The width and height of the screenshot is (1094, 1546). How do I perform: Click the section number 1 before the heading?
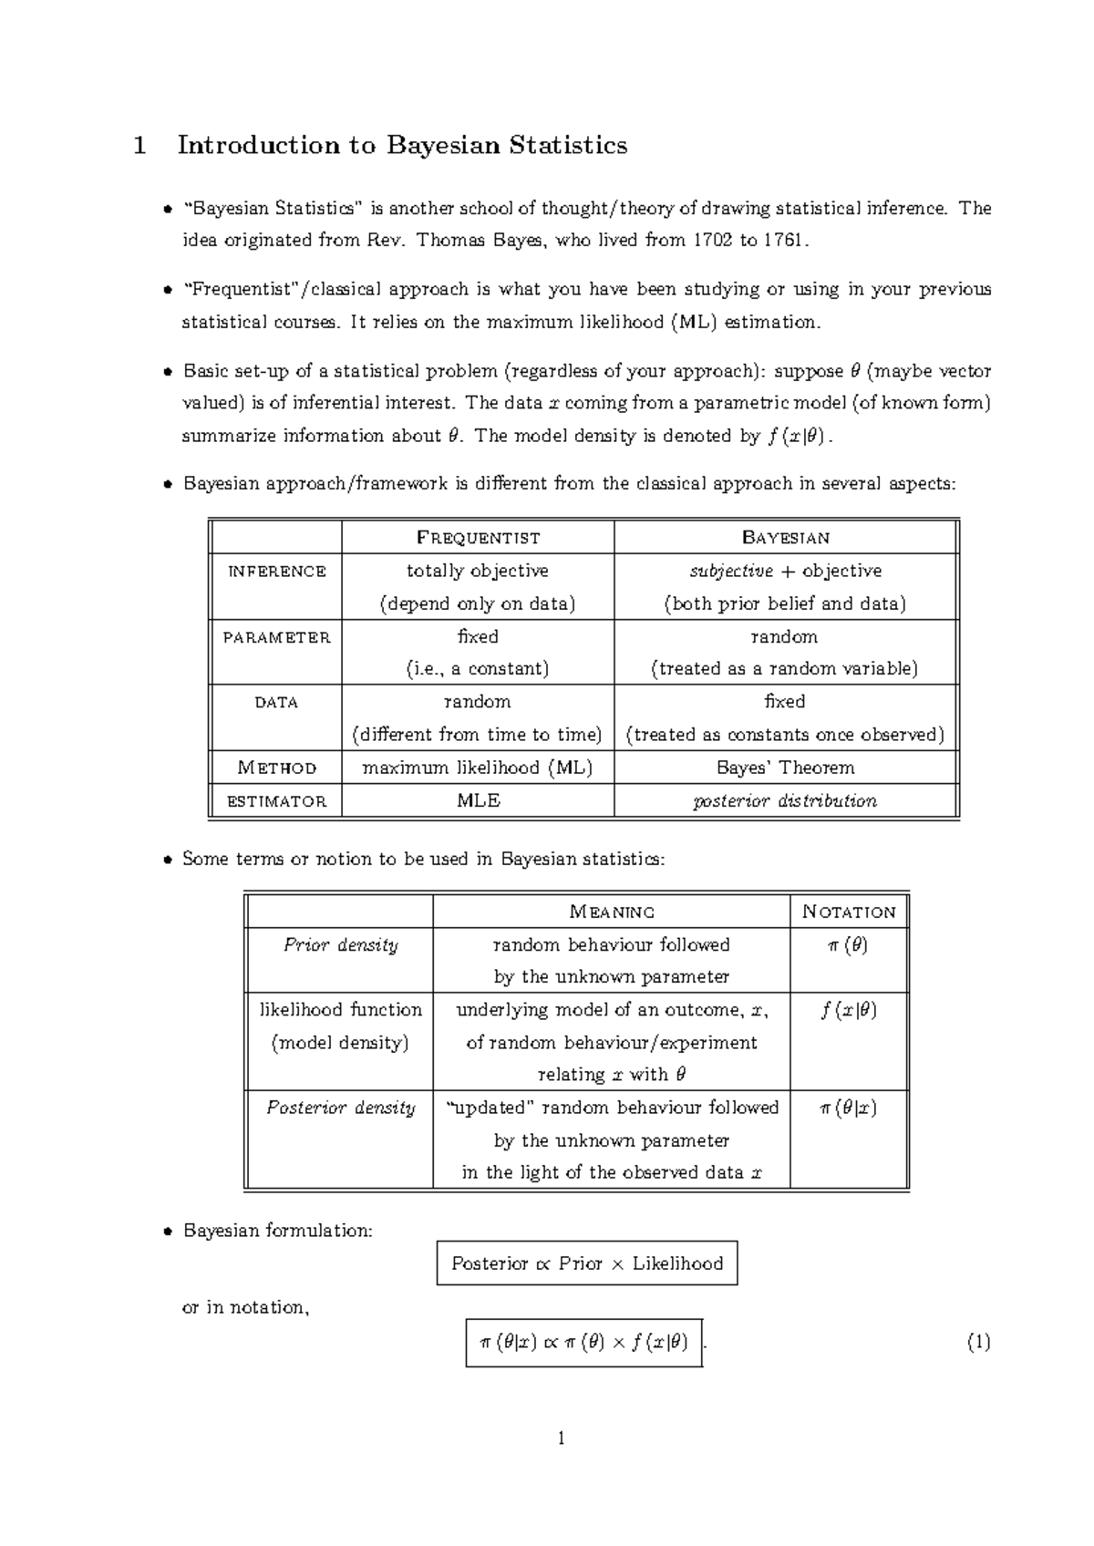(139, 146)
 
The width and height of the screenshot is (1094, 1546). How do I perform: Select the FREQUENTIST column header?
(478, 538)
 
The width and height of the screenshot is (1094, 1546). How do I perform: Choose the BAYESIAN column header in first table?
(785, 538)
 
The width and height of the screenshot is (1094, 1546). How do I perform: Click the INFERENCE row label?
(276, 572)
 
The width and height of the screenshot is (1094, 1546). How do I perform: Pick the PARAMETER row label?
(276, 637)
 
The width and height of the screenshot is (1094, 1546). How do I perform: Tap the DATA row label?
(276, 703)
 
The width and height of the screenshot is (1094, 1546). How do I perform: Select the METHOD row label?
(276, 768)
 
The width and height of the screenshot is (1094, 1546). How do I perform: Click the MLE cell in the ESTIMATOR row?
(478, 801)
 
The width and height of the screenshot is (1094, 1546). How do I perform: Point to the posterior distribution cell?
(785, 801)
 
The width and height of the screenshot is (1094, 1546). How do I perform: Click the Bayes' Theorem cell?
(785, 768)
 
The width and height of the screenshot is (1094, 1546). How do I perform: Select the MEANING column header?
(612, 912)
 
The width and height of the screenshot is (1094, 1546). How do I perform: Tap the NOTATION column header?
(849, 912)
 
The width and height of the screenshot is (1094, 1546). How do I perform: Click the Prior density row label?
(340, 945)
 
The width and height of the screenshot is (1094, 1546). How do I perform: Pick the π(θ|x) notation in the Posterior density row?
(848, 1108)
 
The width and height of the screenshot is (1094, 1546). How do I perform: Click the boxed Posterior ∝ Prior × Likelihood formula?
(587, 1263)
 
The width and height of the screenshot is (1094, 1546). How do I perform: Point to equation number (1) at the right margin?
(978, 1342)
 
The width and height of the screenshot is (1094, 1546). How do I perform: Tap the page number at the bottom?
(562, 1438)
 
